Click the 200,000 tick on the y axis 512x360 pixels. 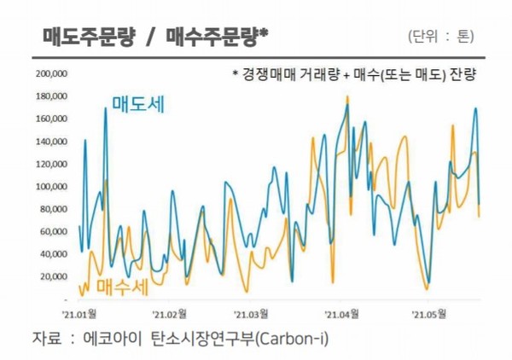(x=50, y=73)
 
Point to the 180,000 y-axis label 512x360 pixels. (x=50, y=96)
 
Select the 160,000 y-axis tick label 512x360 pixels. (x=50, y=119)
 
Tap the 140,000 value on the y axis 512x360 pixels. (x=50, y=142)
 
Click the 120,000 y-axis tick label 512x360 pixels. (x=50, y=164)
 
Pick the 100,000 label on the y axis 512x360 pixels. (x=50, y=186)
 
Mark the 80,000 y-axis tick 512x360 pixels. (x=53, y=209)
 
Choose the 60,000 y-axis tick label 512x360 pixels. (x=53, y=231)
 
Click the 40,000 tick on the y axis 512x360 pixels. (x=53, y=254)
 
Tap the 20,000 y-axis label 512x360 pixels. (x=53, y=276)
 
